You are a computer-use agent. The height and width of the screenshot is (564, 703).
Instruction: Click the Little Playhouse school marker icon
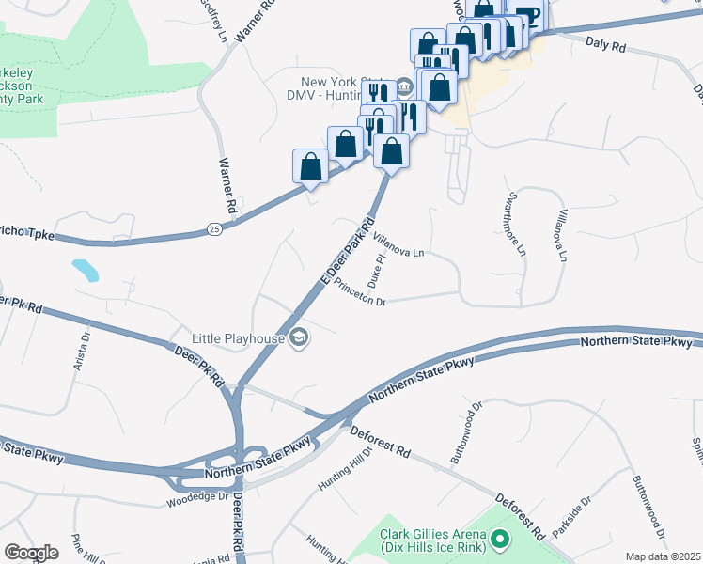pyautogui.click(x=299, y=337)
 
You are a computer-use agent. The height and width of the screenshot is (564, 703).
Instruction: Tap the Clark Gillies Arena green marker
pyautogui.click(x=500, y=540)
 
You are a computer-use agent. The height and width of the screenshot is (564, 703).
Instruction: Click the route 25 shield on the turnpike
pyautogui.click(x=214, y=228)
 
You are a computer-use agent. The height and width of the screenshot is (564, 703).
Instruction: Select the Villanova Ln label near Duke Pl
pyautogui.click(x=400, y=246)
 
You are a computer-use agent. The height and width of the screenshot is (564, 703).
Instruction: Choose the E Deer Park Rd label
pyautogui.click(x=342, y=250)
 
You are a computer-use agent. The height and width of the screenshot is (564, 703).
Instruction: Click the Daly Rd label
pyautogui.click(x=605, y=44)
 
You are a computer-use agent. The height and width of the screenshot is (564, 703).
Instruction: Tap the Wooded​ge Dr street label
pyautogui.click(x=197, y=499)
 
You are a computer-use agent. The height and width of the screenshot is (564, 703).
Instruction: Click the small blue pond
pyautogui.click(x=85, y=271)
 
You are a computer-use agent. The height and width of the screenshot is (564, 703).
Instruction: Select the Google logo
pyautogui.click(x=31, y=553)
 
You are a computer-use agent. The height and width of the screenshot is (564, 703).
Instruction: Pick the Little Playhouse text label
pyautogui.click(x=239, y=337)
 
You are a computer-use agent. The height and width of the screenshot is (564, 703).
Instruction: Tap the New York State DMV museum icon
pyautogui.click(x=404, y=87)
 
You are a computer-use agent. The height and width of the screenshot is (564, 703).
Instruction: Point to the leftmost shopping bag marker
pyautogui.click(x=310, y=166)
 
